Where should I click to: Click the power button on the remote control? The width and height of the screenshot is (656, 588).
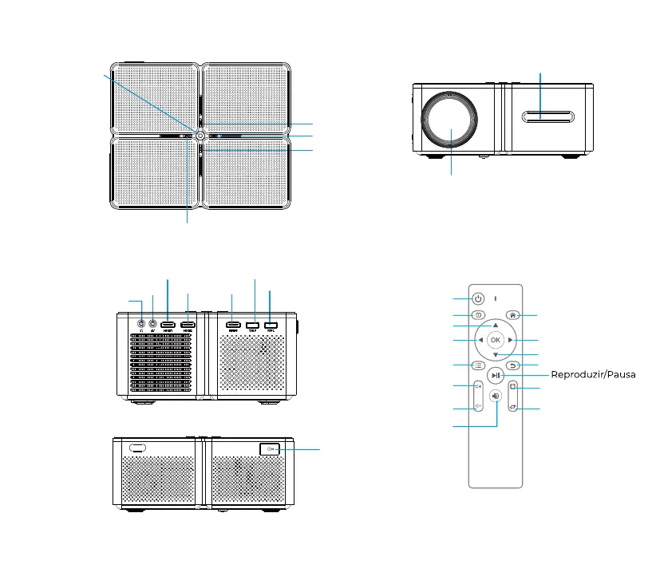point(477,299)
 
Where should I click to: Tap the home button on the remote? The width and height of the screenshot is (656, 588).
point(513,315)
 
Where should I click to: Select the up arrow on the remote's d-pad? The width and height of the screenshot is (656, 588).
point(495,326)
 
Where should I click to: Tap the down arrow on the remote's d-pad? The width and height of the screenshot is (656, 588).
point(495,355)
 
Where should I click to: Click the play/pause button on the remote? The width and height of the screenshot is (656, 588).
point(496,376)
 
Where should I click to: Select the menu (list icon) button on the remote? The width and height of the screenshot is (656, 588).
point(477,366)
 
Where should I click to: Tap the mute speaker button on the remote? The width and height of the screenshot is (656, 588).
point(496,396)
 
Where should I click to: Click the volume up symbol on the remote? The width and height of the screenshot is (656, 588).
point(477,386)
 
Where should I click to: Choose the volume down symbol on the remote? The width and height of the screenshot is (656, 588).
point(477,406)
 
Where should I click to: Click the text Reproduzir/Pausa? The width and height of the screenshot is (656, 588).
point(593,376)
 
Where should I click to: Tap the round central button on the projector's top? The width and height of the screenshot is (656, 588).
point(197,136)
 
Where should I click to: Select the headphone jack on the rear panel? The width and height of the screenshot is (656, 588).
point(141,325)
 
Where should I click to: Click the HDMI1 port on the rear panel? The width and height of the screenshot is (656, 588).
point(168,325)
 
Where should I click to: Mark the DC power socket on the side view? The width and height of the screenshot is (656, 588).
point(269,449)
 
